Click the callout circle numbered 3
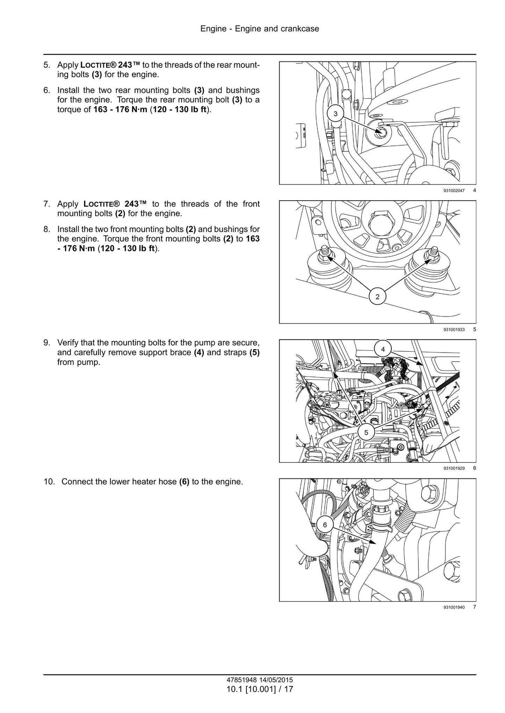pos(336,113)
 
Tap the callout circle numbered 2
pos(377,297)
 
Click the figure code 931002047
pos(454,191)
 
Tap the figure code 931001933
pos(454,329)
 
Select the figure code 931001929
pos(454,468)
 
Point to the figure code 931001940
pos(454,607)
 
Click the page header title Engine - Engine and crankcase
pos(260,29)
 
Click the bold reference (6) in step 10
pos(184,482)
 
